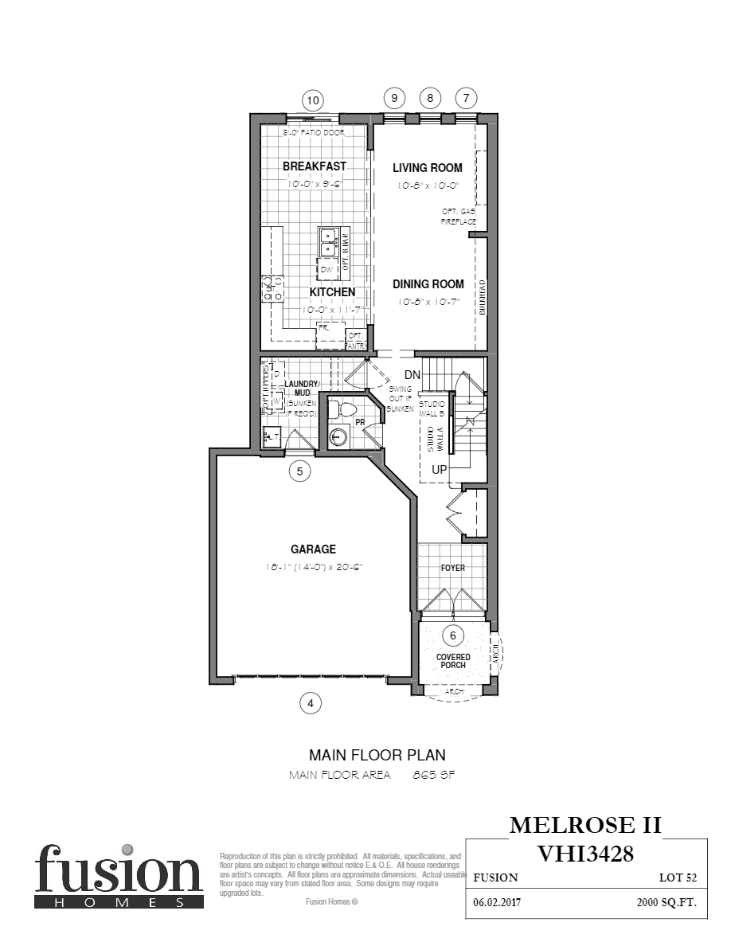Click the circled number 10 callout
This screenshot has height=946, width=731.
(x=313, y=100)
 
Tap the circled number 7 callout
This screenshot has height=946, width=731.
(x=466, y=98)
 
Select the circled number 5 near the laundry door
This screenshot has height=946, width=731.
(x=299, y=471)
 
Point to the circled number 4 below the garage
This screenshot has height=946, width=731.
(x=311, y=703)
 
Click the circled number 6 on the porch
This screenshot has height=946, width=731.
(x=453, y=635)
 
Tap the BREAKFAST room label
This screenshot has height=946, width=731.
(x=315, y=166)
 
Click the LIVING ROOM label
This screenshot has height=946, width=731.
(x=428, y=168)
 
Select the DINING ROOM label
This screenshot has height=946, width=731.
(x=428, y=284)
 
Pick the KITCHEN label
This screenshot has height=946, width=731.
(x=333, y=292)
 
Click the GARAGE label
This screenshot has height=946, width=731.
(x=313, y=549)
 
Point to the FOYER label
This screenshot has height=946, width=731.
(x=453, y=568)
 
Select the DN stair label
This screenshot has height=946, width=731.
(x=412, y=374)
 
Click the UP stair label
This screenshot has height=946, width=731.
(x=440, y=470)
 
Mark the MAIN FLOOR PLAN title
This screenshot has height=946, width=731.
(x=377, y=755)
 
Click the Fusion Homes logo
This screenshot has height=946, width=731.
(x=118, y=875)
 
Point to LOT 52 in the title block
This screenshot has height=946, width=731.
(x=678, y=878)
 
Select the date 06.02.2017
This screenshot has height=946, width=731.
(x=495, y=905)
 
